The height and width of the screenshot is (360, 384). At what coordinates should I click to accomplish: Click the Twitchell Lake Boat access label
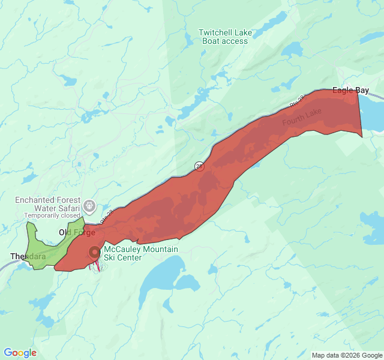226,37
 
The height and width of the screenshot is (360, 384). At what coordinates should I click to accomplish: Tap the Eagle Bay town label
350,91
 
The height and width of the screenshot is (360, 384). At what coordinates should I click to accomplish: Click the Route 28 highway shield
199,166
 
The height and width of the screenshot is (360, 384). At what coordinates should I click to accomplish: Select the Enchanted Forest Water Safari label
47,204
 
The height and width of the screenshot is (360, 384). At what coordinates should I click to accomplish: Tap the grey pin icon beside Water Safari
89,206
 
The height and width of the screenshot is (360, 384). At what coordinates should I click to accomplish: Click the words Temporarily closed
52,215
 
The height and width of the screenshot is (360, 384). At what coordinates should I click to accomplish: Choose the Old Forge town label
76,232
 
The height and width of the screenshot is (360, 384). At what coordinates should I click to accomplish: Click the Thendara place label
28,256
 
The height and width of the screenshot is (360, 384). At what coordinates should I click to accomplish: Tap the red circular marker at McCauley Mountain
94,253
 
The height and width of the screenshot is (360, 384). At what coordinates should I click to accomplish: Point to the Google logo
20,353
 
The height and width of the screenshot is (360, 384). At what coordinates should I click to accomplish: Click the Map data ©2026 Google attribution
346,355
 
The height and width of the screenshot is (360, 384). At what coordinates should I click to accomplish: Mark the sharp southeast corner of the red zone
362,137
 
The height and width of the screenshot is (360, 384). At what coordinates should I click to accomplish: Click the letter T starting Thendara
13,256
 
